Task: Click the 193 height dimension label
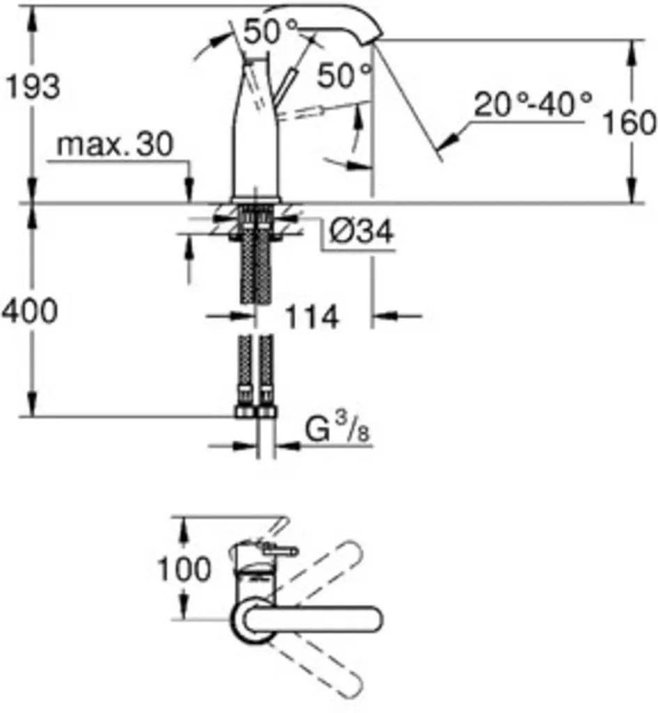click(32, 86)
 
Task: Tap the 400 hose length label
click(30, 311)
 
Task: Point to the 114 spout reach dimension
click(311, 317)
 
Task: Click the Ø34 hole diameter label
click(361, 232)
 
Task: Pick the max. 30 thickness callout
click(115, 144)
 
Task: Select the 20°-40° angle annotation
click(533, 104)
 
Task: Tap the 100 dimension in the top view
click(184, 568)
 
